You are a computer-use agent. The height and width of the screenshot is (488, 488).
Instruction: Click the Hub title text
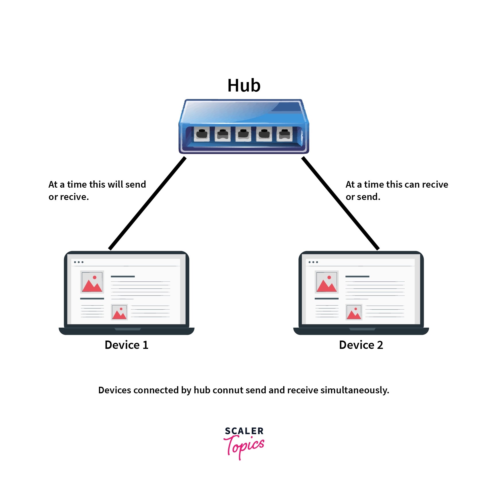[x=244, y=85]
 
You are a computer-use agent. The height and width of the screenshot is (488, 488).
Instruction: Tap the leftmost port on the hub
[x=202, y=134]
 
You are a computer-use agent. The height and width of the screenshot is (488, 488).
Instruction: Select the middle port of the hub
[x=243, y=134]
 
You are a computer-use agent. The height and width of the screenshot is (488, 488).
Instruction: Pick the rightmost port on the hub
[x=285, y=134]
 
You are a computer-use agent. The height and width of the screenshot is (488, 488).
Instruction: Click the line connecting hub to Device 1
[x=147, y=203]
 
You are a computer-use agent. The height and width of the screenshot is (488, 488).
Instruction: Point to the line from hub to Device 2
[x=340, y=203]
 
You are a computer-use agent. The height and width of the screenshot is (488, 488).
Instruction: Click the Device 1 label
[x=127, y=345]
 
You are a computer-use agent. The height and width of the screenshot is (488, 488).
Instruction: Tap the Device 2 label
[x=361, y=345]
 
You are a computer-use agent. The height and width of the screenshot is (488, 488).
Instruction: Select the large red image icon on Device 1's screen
[x=92, y=282]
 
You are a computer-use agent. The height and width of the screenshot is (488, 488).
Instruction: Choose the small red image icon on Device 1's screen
[x=119, y=312]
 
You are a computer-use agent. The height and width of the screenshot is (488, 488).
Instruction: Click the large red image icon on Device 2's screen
[x=326, y=282]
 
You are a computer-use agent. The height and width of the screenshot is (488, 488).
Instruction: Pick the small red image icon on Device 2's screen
[x=354, y=312]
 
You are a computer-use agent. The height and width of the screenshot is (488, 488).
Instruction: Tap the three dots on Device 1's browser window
[x=79, y=262]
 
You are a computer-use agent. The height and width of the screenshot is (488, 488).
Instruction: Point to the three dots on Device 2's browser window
[x=313, y=262]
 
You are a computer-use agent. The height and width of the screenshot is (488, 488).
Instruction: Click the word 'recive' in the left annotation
[x=77, y=197]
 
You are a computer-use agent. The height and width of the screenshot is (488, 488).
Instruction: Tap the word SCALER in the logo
[x=244, y=431]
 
